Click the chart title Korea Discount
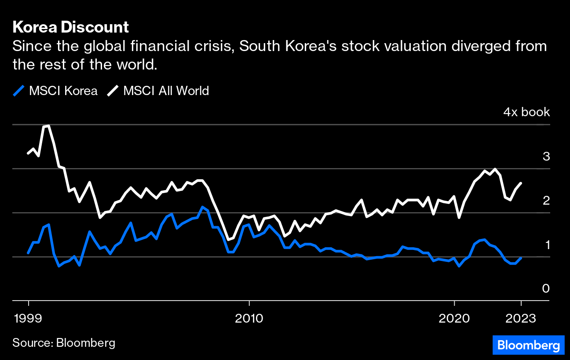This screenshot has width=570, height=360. pos(70,27)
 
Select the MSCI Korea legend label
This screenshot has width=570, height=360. pos(63,91)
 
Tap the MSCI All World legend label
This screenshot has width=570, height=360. pos(166,91)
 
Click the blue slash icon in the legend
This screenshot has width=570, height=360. pos(18,91)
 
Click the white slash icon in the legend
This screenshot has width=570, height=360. pos(113,91)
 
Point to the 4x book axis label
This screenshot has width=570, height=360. pos(526,112)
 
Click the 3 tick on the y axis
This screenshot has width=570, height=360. pos(546,156)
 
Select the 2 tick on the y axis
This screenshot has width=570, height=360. pos(546,200)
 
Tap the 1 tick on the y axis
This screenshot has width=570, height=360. pos(547,244)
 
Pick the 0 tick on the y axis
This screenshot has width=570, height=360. pos(546,288)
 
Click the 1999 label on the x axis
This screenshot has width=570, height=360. pos(29,318)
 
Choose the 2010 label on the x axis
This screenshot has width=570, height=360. pos(249,318)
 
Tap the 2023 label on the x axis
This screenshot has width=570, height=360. pos(521,318)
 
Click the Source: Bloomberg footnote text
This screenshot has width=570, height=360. pos(64,343)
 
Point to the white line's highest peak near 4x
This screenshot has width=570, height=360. pos(46,126)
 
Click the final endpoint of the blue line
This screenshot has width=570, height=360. pos(521,258)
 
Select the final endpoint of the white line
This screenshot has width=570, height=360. pos(521,183)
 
